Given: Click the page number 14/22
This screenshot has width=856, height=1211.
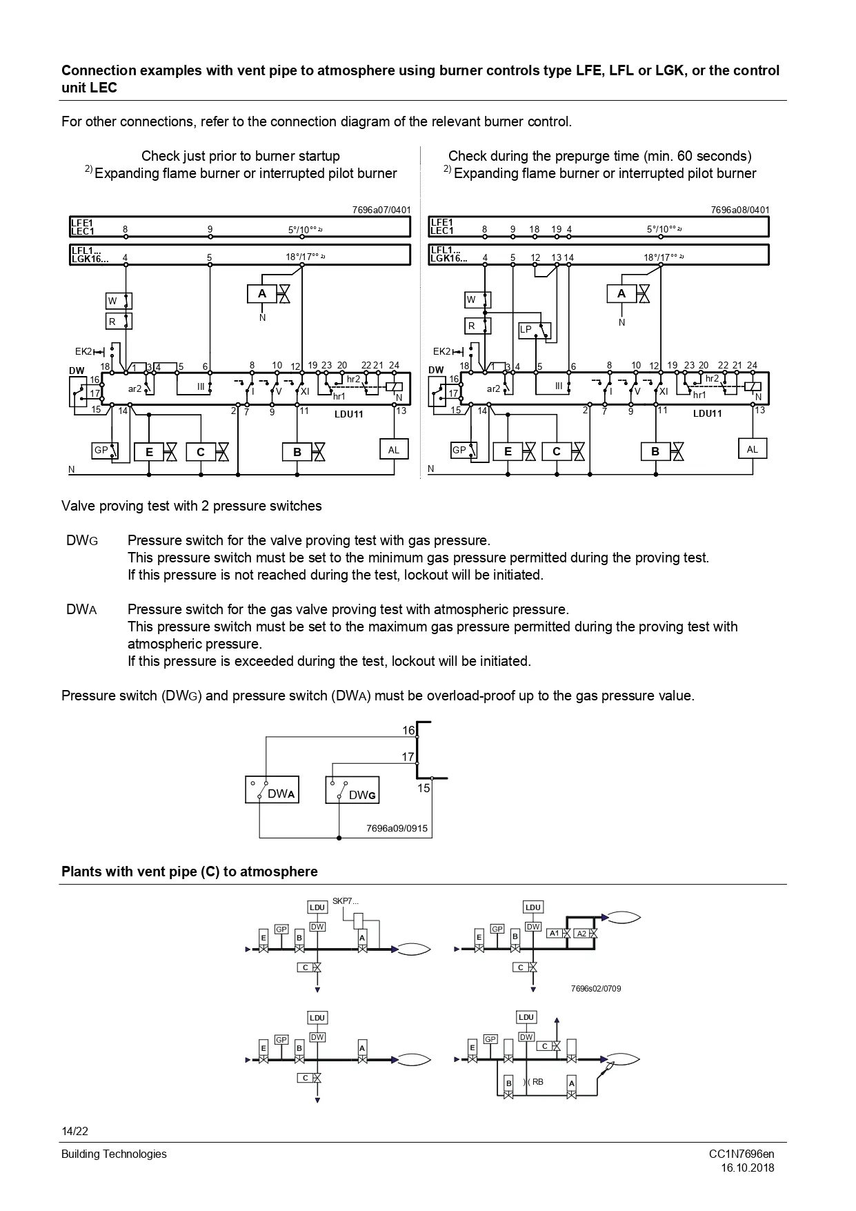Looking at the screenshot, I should (x=74, y=1131).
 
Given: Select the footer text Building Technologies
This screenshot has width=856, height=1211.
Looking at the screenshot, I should (x=114, y=1154).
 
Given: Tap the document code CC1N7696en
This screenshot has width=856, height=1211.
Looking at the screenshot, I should (x=741, y=1154).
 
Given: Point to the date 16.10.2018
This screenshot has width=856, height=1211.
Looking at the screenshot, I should (x=748, y=1168).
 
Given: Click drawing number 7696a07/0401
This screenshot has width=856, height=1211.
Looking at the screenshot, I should (x=381, y=210).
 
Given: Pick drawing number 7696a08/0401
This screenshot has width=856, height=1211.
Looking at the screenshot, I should (x=740, y=210).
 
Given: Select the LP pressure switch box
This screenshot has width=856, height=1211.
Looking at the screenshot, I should (x=535, y=331).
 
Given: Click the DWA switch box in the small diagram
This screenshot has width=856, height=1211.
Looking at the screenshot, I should (x=272, y=789).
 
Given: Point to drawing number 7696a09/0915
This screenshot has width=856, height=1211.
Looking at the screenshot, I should (x=397, y=829).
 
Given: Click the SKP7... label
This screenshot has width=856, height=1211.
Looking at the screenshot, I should (x=346, y=900).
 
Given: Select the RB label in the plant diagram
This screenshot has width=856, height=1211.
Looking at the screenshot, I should (x=537, y=1081).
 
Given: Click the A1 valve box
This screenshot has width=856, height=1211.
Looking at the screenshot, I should (x=555, y=934).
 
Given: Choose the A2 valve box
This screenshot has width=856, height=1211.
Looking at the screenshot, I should (x=581, y=934).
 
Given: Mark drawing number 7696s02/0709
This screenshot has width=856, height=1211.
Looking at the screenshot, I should (x=595, y=989).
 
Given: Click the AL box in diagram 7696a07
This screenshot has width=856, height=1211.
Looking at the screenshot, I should (x=393, y=450).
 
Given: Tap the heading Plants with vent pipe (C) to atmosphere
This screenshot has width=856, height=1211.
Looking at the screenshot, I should (x=190, y=872).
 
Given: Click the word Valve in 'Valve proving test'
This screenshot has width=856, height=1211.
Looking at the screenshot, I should (x=77, y=506).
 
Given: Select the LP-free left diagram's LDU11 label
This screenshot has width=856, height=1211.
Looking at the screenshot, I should (x=348, y=414).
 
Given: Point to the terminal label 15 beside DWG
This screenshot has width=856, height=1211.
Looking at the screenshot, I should (x=424, y=788).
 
